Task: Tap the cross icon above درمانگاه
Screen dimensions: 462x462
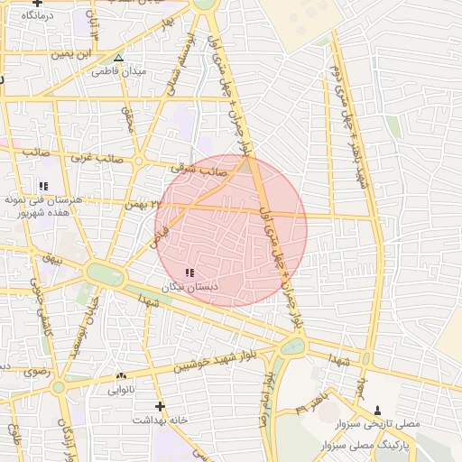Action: (37, 3)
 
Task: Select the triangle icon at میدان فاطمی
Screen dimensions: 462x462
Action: (118, 58)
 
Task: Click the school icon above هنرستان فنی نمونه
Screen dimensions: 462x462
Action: (43, 186)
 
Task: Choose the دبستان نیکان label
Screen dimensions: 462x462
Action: (185, 286)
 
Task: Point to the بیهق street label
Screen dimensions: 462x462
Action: (52, 259)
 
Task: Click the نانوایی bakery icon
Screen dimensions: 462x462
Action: (121, 375)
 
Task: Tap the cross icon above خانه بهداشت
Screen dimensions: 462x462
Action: (161, 406)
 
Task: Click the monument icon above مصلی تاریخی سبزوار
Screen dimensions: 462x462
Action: (377, 411)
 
